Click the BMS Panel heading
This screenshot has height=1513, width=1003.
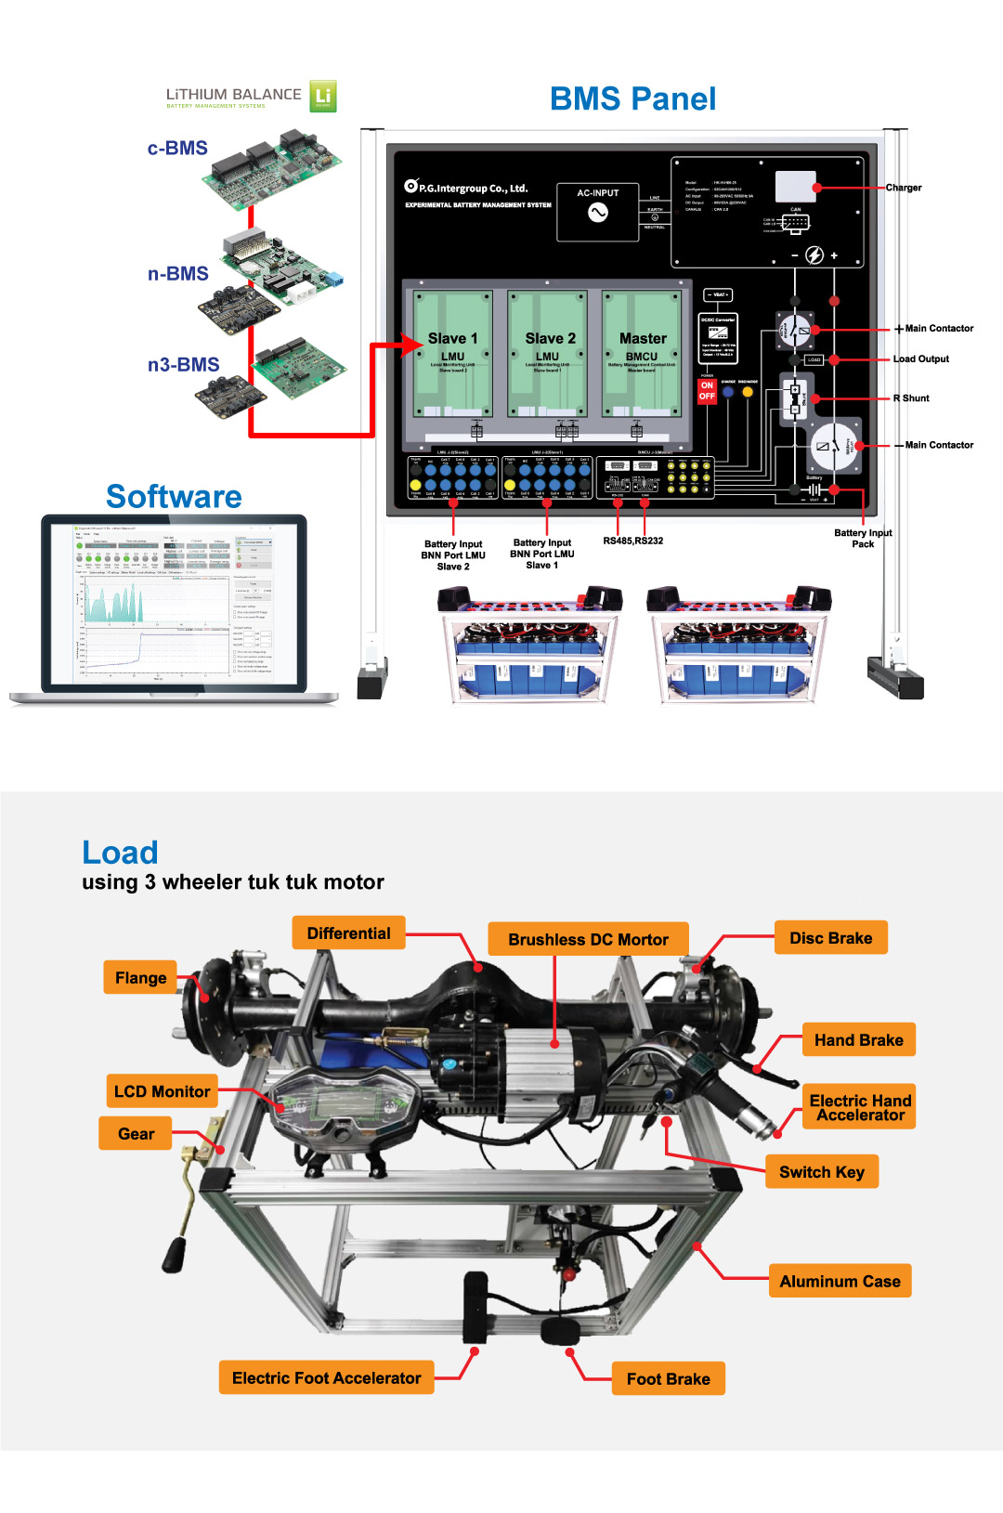coord(632,99)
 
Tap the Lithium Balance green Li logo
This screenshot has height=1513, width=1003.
coord(322,96)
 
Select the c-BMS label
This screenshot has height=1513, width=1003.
coord(177,149)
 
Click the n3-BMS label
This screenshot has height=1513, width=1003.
coord(183,365)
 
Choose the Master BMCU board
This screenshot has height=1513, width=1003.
coord(643,352)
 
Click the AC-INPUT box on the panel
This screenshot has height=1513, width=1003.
coord(598,211)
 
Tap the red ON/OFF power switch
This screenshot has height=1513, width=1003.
coord(707,391)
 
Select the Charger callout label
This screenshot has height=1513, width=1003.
coord(903,188)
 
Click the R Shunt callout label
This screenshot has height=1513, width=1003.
coord(911,398)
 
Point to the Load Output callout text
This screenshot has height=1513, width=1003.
coord(920,359)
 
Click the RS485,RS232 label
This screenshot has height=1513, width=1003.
coord(632,541)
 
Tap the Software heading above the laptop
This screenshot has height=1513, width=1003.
coord(174,497)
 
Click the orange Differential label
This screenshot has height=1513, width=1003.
coord(349,933)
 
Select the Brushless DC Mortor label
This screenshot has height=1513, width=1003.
coord(588,940)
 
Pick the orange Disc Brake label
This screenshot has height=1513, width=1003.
coord(830,938)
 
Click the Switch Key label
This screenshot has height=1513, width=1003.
coord(822,1172)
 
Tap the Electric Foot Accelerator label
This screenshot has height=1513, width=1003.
coord(327,1378)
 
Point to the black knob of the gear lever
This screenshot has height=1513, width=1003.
coord(175,1254)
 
